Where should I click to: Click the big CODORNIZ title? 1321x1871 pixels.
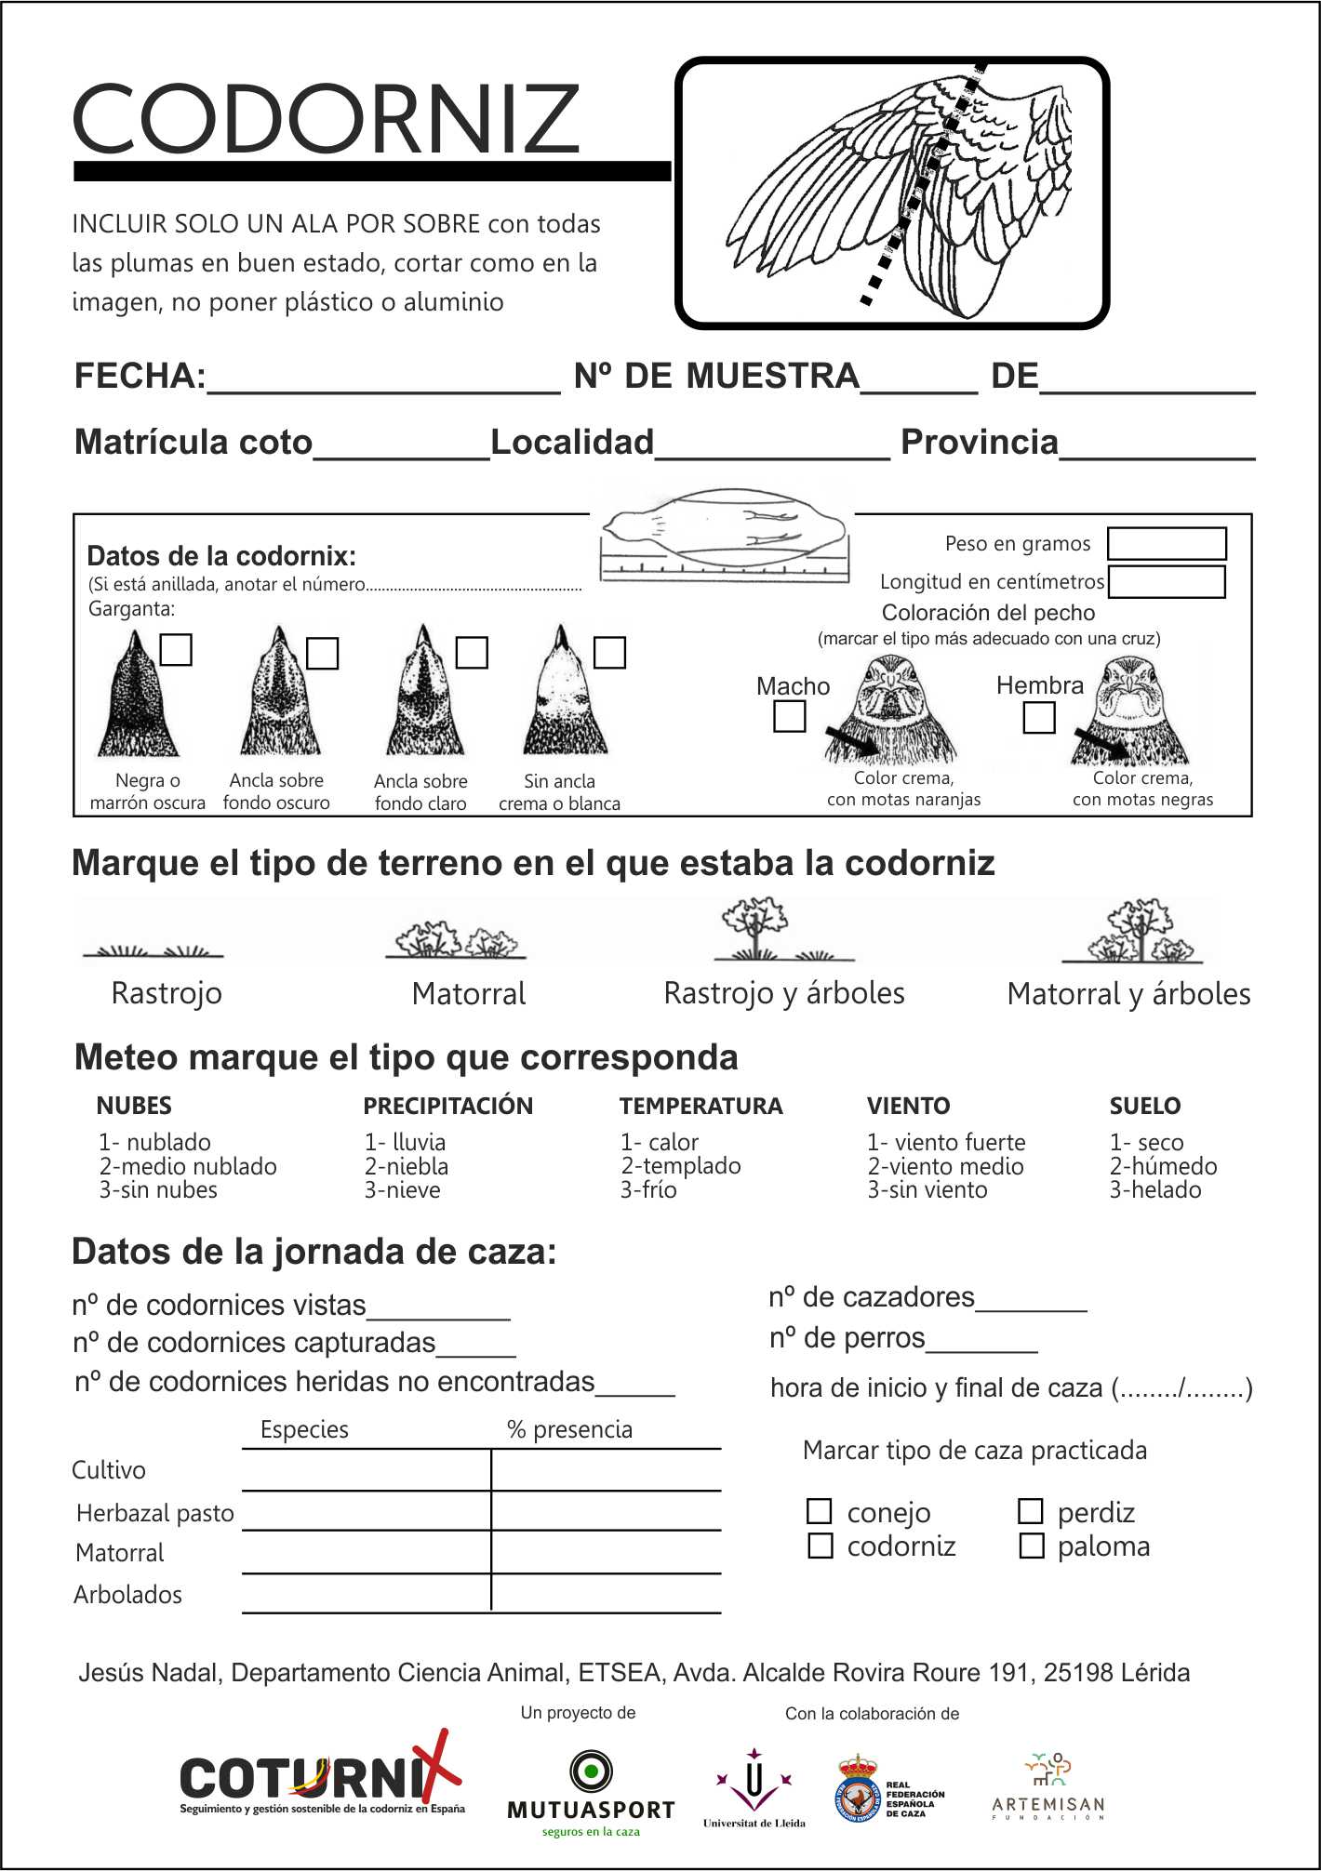[326, 118]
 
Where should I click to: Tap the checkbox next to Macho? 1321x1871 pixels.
[790, 716]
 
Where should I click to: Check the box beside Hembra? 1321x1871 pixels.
[1038, 717]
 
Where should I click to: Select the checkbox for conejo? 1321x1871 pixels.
[819, 1511]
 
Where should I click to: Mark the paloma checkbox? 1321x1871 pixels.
[1031, 1546]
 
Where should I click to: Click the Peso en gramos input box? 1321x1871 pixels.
[1167, 544]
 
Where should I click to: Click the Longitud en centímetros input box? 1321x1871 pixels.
[1167, 582]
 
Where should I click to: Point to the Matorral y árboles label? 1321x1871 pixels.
[1128, 994]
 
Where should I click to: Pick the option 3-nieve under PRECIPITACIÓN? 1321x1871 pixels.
[402, 1190]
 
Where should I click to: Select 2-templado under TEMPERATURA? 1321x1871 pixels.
[681, 1166]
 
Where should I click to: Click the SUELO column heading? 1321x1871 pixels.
[1144, 1106]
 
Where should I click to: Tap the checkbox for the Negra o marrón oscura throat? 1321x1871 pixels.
[176, 650]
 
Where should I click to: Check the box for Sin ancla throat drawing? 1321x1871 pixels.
[609, 652]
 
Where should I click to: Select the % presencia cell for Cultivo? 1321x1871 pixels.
[606, 1470]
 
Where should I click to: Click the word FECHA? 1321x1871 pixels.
[140, 377]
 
